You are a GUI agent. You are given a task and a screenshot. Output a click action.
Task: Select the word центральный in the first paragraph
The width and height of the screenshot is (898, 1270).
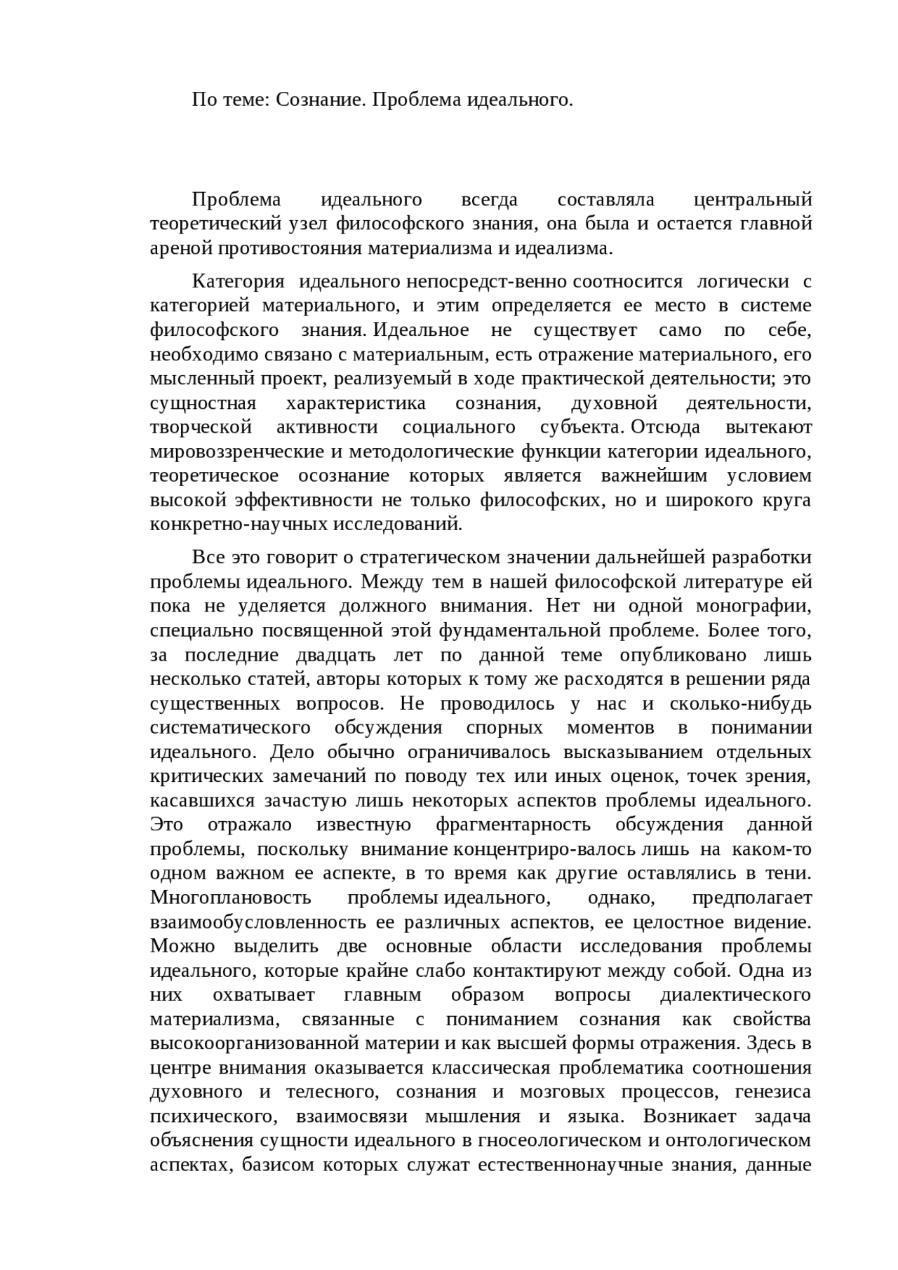point(752,200)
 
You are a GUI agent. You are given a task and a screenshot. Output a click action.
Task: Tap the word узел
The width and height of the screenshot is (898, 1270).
point(308,224)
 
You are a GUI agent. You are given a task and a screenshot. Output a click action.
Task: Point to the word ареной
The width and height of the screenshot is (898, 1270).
point(181,248)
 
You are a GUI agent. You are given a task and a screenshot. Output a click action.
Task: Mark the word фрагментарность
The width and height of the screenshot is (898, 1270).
point(512,825)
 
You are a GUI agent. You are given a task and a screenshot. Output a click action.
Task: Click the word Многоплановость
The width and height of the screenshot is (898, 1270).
point(231,898)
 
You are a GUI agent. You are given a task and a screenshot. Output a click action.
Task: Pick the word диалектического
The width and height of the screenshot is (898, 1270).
point(735,995)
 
